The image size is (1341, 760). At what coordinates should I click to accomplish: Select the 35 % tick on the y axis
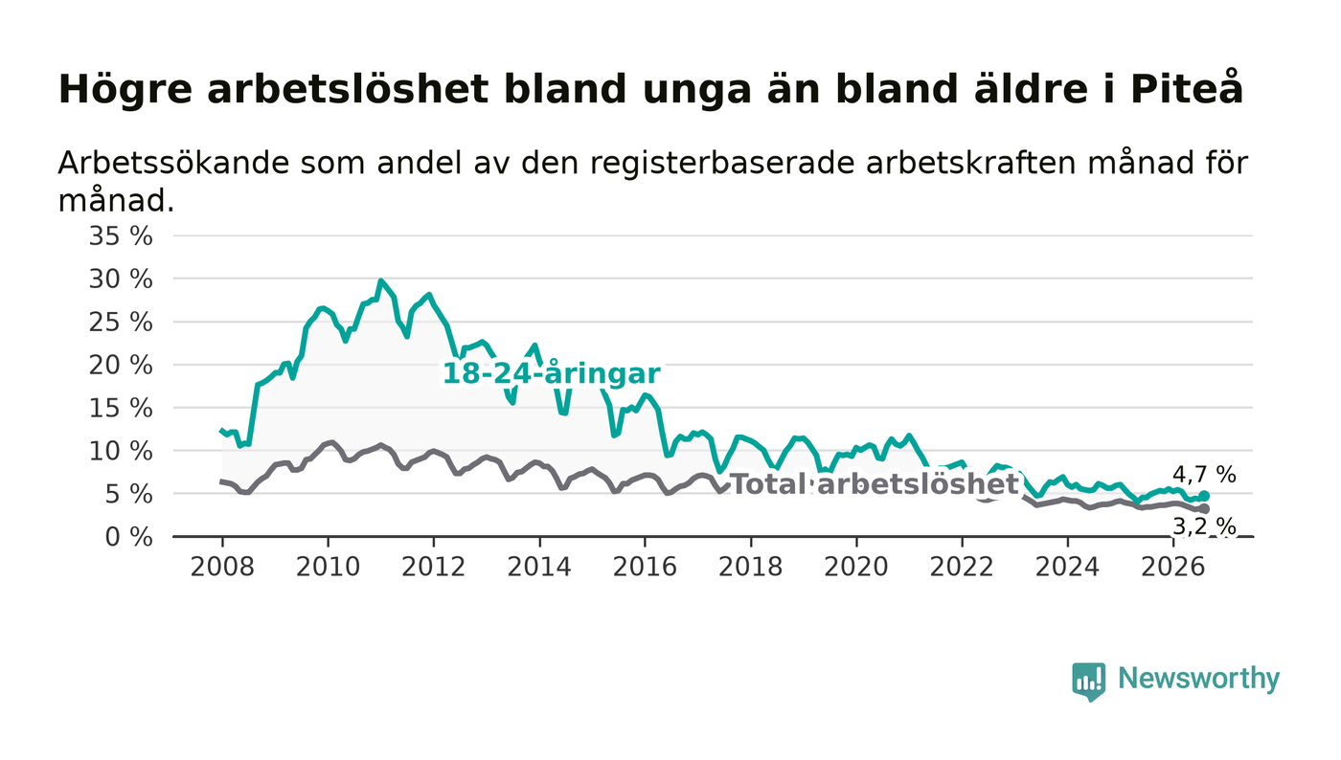pos(121,235)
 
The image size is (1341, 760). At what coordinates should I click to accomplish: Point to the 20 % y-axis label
pos(121,365)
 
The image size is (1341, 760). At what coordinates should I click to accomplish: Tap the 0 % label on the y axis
pos(128,537)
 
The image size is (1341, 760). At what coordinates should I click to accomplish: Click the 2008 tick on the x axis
pos(222,567)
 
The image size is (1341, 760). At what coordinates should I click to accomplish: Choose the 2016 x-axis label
pos(645,567)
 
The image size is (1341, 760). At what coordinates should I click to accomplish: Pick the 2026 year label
pos(1172,567)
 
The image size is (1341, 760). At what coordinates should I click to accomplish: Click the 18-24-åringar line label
pos(551,373)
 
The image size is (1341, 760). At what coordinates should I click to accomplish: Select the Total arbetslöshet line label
pos(875,483)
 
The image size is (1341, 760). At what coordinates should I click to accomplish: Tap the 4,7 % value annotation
pos(1204,475)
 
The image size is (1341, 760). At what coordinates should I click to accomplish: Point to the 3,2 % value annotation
pos(1204,526)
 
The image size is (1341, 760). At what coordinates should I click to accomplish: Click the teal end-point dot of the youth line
pos(1204,496)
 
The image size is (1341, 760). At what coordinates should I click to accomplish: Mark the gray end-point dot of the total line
pos(1204,508)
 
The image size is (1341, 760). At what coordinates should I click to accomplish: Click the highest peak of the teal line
pos(381,280)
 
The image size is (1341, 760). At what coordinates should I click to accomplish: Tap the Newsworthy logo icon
pos(1088,681)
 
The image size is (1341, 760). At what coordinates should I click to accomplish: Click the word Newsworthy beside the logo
pos(1198,679)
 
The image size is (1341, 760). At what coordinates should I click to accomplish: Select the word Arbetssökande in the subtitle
pos(173,163)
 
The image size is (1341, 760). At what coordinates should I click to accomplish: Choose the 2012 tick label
pos(433,567)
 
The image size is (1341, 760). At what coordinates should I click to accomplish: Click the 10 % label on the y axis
pos(121,451)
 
